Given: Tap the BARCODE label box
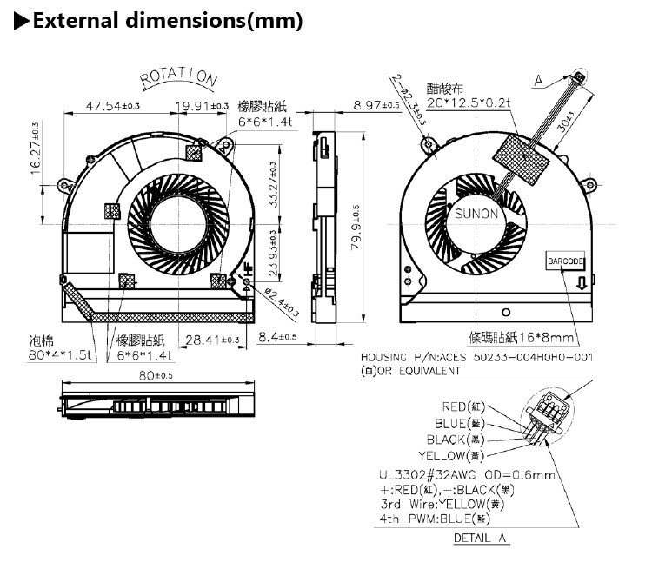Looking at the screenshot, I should pyautogui.click(x=566, y=261).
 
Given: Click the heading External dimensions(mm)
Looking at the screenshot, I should pyautogui.click(x=167, y=19).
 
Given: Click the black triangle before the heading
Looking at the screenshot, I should pyautogui.click(x=20, y=20).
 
